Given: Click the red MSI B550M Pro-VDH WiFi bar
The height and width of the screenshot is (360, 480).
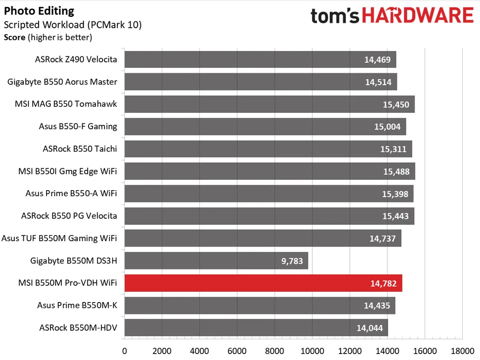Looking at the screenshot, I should coord(263,283).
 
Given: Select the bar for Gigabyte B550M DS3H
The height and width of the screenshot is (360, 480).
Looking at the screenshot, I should coord(216,260).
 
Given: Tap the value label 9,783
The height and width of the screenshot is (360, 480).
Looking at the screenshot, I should coord(291,261).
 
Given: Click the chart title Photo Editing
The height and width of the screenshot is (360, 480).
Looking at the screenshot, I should coord(39,11).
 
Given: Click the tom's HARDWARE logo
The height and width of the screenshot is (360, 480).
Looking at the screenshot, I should coord(392,16).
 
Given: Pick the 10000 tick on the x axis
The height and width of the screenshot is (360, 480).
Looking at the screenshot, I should coord(312,351).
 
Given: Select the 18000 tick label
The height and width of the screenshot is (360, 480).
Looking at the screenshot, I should coord(462,351).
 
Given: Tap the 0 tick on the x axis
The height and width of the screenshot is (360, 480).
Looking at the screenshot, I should coord(124,351).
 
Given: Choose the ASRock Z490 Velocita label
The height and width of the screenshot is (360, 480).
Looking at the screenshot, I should coord(76,59).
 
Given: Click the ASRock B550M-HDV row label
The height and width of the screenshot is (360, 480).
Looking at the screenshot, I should coord(78,327).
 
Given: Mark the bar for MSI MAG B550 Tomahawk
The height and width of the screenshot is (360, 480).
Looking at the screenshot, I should coord(269,104).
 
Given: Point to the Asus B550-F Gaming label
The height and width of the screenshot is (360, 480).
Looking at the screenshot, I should coord(78,126).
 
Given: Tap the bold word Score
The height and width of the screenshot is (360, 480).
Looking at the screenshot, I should coord(14,37).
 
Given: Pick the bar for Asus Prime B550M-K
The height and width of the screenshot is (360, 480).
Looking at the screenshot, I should coord(259,305).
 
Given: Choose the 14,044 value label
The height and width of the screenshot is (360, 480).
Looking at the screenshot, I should coord(369,328).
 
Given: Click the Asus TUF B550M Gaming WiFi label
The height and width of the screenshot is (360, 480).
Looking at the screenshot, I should coord(59,238).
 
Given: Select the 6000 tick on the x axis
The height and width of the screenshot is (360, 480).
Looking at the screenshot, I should coord(237,351).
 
